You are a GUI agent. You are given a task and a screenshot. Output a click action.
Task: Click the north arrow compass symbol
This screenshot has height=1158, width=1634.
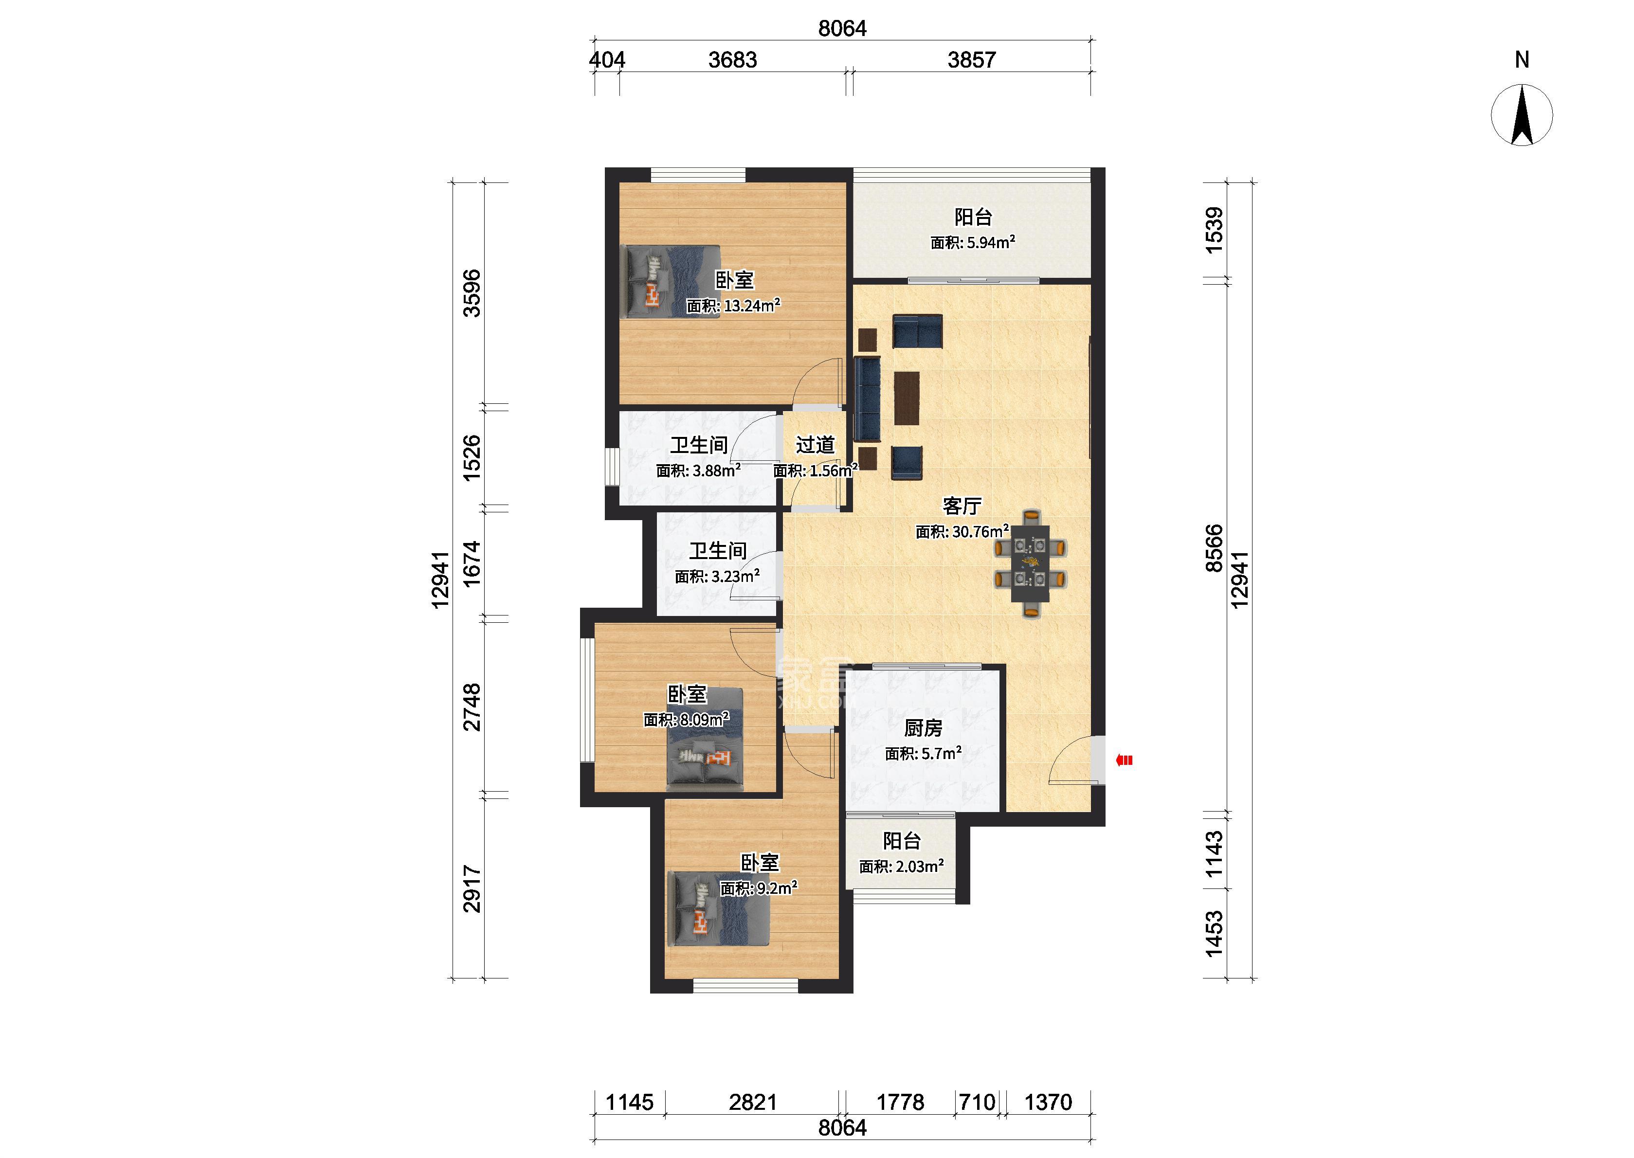(x=1522, y=115)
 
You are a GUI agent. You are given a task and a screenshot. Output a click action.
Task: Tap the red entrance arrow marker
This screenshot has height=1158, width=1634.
(x=1124, y=760)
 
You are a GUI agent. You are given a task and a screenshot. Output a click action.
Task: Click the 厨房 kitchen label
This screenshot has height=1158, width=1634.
(x=923, y=728)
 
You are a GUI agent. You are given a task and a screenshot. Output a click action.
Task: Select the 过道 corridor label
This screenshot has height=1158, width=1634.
(x=815, y=445)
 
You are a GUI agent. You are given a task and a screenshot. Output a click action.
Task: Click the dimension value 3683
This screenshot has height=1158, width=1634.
(x=732, y=60)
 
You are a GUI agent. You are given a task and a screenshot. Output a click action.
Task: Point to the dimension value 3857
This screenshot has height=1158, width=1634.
(x=971, y=60)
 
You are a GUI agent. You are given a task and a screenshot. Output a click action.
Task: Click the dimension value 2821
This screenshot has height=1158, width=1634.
(x=753, y=1103)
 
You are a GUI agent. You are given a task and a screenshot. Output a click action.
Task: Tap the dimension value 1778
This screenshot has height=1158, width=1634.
(x=900, y=1103)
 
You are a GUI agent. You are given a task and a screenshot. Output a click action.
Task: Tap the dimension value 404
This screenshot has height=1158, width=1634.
(x=607, y=60)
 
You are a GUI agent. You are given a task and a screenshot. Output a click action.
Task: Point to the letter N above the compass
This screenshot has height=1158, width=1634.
(x=1522, y=60)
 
